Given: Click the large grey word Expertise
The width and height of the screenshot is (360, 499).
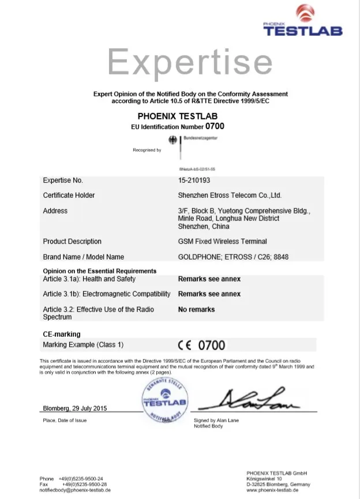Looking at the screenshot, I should point(190,62).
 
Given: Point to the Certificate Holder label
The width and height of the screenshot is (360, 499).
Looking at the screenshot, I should point(69,196).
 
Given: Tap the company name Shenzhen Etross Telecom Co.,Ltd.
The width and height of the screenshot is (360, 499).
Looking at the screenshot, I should point(230,196).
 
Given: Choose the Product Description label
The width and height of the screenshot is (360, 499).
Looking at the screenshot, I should point(72,241).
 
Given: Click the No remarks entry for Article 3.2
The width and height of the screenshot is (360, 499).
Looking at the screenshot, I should point(196,309).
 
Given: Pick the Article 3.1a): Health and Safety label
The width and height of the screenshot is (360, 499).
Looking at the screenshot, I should point(89,279).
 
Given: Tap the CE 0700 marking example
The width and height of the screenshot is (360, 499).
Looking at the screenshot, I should point(201,345).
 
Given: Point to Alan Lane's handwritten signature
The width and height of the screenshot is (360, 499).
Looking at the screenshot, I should point(253,399).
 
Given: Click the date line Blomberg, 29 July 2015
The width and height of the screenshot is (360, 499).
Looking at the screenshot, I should point(75,408).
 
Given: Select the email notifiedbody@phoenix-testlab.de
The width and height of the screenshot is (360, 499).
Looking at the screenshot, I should point(75,490).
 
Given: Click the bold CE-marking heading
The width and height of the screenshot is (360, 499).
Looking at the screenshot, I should point(62,334).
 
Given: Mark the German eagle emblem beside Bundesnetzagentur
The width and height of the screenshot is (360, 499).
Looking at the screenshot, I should point(172,140).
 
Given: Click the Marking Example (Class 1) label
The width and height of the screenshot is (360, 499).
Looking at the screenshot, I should point(83,345).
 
